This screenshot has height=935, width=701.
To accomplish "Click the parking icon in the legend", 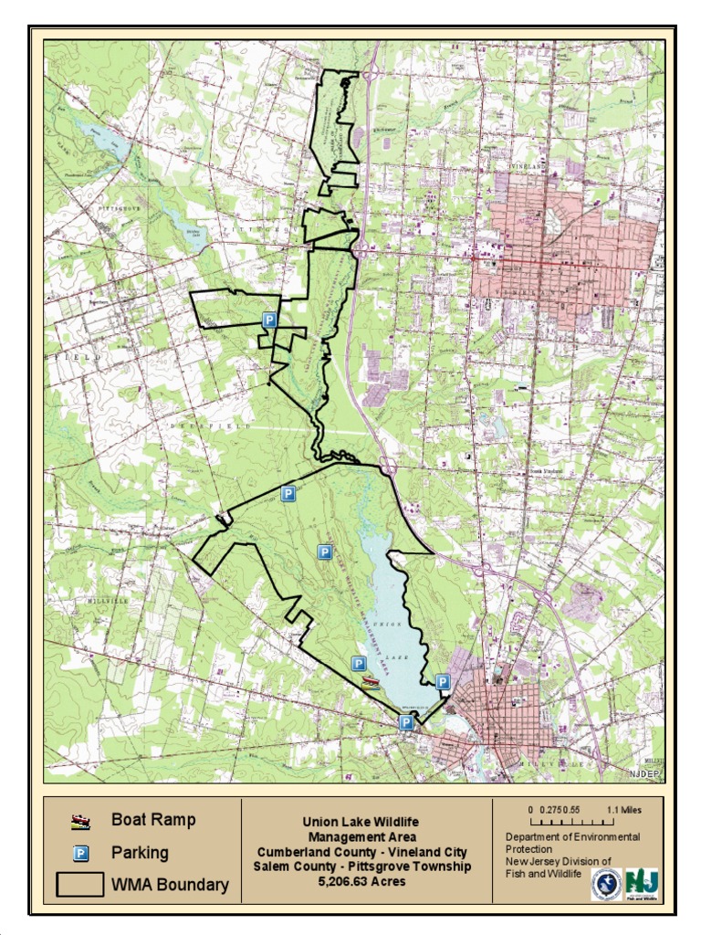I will pyautogui.click(x=80, y=854).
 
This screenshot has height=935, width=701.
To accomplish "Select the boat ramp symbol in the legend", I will pyautogui.click(x=80, y=822).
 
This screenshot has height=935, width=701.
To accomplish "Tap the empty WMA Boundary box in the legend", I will pyautogui.click(x=80, y=885).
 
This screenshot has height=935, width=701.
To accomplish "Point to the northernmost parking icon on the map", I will pyautogui.click(x=269, y=320).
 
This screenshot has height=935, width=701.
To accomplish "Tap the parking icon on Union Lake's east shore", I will pyautogui.click(x=443, y=681).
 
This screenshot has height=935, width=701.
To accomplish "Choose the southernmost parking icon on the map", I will pyautogui.click(x=406, y=722).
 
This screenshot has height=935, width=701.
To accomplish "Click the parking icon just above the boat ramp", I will pyautogui.click(x=359, y=664).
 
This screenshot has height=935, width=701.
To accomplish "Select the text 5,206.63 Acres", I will pyautogui.click(x=362, y=882).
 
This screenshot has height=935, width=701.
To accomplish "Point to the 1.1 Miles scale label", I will pyautogui.click(x=623, y=810).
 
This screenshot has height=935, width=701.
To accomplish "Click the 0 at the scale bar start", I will pyautogui.click(x=530, y=810).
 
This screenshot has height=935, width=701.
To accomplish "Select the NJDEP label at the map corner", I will pyautogui.click(x=643, y=774).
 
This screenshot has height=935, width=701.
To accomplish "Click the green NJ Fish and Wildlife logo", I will pyautogui.click(x=642, y=884).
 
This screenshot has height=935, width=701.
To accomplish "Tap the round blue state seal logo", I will pyautogui.click(x=606, y=884).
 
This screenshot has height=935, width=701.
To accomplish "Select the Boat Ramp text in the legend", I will pyautogui.click(x=153, y=820).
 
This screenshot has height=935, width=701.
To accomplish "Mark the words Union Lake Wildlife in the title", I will pyautogui.click(x=361, y=823).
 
